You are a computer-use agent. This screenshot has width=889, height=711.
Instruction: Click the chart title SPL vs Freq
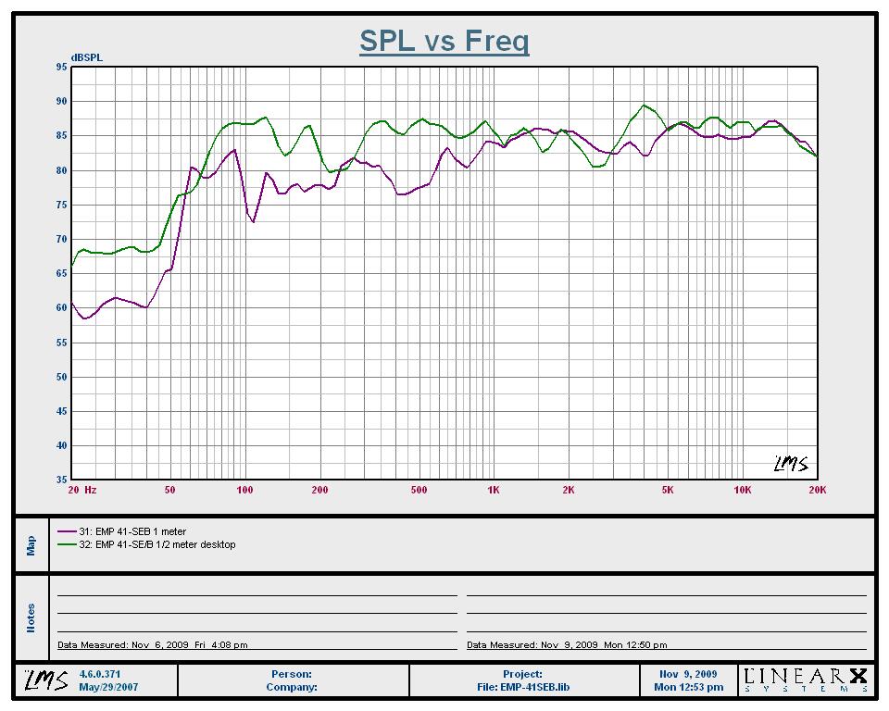[x=444, y=41]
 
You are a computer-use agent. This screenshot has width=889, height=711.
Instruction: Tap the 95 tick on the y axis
[x=61, y=67]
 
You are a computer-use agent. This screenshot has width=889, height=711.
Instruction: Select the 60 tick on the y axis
[x=61, y=308]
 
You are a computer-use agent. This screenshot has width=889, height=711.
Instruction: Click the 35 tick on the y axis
[x=61, y=480]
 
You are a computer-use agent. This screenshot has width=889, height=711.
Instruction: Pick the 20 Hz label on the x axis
[x=82, y=490]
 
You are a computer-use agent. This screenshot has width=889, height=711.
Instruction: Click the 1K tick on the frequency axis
[x=493, y=490]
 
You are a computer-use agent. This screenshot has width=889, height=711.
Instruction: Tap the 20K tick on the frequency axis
[x=817, y=490]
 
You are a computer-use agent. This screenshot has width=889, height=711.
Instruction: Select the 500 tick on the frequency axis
[x=419, y=490]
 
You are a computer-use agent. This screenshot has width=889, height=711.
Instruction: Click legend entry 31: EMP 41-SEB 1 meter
[x=134, y=532]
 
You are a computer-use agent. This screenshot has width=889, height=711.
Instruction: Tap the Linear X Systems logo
[x=805, y=680]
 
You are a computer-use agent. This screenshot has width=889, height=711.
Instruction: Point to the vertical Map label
[x=31, y=545]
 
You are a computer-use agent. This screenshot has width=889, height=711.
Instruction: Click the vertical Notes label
[x=31, y=617]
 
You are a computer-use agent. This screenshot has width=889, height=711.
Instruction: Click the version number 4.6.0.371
[x=101, y=674]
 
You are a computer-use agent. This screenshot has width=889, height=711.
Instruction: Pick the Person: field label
[x=292, y=674]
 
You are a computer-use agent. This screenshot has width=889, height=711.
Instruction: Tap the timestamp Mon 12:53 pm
[x=688, y=687]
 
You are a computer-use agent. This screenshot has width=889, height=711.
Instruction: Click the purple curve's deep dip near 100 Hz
[x=254, y=221]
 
